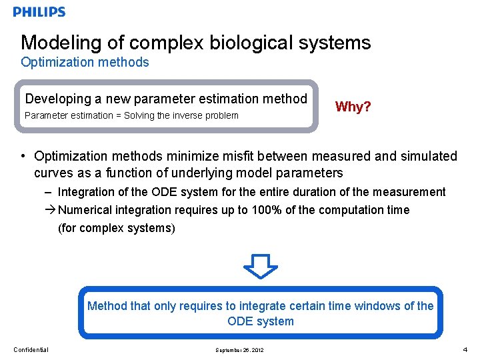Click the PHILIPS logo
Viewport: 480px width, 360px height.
coord(39,12)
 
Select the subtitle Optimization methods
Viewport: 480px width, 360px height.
coord(85,63)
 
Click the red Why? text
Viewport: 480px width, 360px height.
coord(353,107)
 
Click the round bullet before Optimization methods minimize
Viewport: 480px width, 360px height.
coord(23,157)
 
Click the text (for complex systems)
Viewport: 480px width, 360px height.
coord(117,228)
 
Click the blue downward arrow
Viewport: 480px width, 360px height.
coord(260,265)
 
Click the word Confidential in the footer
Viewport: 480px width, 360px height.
coord(31,350)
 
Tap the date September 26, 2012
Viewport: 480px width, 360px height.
coord(239,350)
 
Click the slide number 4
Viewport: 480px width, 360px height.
coord(465,349)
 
